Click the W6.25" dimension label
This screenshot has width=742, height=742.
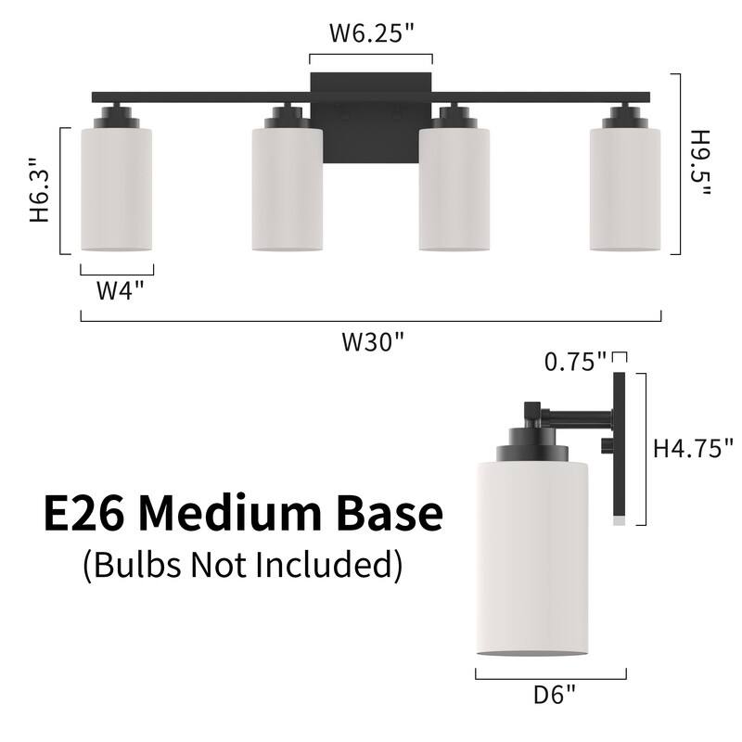372,33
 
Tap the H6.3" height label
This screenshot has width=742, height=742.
40,190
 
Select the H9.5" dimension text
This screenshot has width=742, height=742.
700,163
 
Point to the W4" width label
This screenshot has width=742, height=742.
120,290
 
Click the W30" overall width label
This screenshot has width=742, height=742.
374,341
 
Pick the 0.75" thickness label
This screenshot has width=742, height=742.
575,362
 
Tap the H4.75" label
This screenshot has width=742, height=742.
693,448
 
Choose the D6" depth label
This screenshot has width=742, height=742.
554,695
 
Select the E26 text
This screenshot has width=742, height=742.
84,514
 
